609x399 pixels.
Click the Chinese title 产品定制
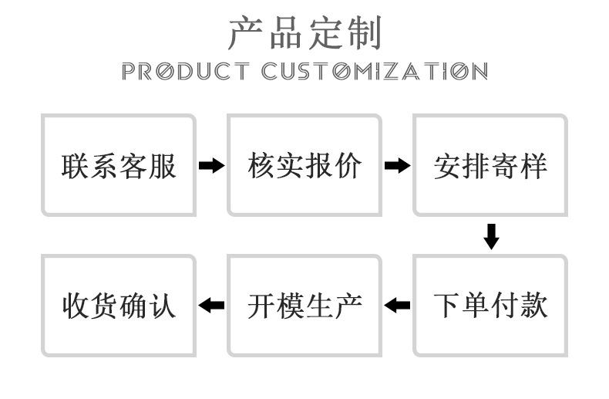pyautogui.click(x=304, y=32)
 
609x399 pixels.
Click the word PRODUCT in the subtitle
pyautogui.click(x=186, y=72)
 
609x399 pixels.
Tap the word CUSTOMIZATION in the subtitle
pyautogui.click(x=375, y=72)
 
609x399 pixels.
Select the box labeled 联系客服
pyautogui.click(x=119, y=165)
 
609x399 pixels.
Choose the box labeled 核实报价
pyautogui.click(x=304, y=165)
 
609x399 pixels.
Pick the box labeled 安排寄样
pyautogui.click(x=490, y=165)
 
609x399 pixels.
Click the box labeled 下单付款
pyautogui.click(x=490, y=306)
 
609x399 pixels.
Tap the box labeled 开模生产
pyautogui.click(x=304, y=306)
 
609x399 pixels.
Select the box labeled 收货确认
pyautogui.click(x=119, y=306)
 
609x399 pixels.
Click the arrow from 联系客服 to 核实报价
pyautogui.click(x=211, y=166)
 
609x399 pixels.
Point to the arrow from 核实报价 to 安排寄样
pyautogui.click(x=397, y=166)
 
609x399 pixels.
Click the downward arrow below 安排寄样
pyautogui.click(x=491, y=236)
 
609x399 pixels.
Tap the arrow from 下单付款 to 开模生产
pyautogui.click(x=397, y=306)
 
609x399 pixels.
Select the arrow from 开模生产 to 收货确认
pyautogui.click(x=211, y=306)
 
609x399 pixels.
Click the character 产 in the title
pyautogui.click(x=245, y=32)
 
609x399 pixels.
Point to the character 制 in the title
pyautogui.click(x=364, y=32)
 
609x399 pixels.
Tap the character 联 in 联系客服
pyautogui.click(x=76, y=166)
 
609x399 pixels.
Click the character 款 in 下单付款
pyautogui.click(x=533, y=306)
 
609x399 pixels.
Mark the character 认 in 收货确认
pyautogui.click(x=163, y=306)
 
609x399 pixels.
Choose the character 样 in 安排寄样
pyautogui.click(x=533, y=166)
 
